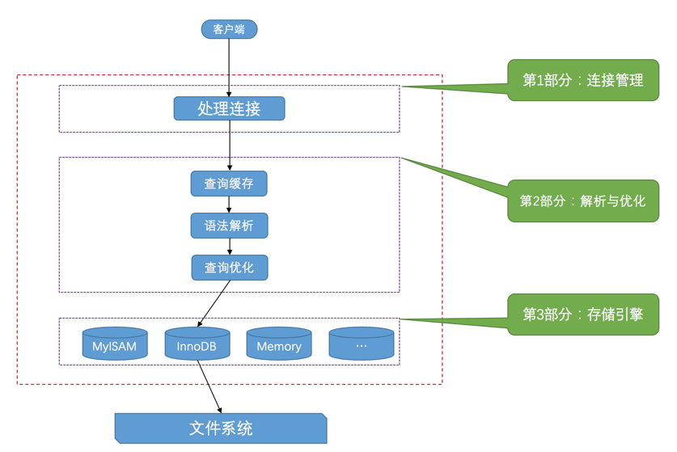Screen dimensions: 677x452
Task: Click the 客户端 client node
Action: coord(229,29)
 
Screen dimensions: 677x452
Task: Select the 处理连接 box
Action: coord(229,108)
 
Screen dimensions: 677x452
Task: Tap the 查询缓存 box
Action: coord(229,184)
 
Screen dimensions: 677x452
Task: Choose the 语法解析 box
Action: coord(229,226)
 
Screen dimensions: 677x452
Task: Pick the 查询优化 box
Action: coord(230,268)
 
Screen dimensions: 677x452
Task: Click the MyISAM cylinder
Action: coord(115,344)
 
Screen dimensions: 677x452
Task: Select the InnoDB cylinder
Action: coord(197,344)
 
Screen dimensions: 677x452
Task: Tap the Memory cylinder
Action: coord(279,344)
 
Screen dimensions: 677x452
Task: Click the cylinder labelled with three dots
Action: coord(362,344)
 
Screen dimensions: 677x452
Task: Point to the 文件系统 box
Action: coord(221,429)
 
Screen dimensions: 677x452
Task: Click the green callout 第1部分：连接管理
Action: coord(583,80)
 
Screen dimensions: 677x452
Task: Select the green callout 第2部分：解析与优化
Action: coord(583,201)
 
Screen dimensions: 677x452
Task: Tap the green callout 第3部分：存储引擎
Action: coord(583,315)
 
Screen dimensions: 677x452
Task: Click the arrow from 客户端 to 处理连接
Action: coord(229,67)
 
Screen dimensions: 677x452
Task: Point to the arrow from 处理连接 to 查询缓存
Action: coord(230,146)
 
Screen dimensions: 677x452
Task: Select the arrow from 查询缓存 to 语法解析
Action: coord(229,205)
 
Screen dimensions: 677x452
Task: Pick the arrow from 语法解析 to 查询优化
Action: coord(230,247)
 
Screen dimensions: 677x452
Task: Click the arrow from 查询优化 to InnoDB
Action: coord(214,304)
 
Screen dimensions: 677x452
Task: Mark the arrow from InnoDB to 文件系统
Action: coord(209,387)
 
